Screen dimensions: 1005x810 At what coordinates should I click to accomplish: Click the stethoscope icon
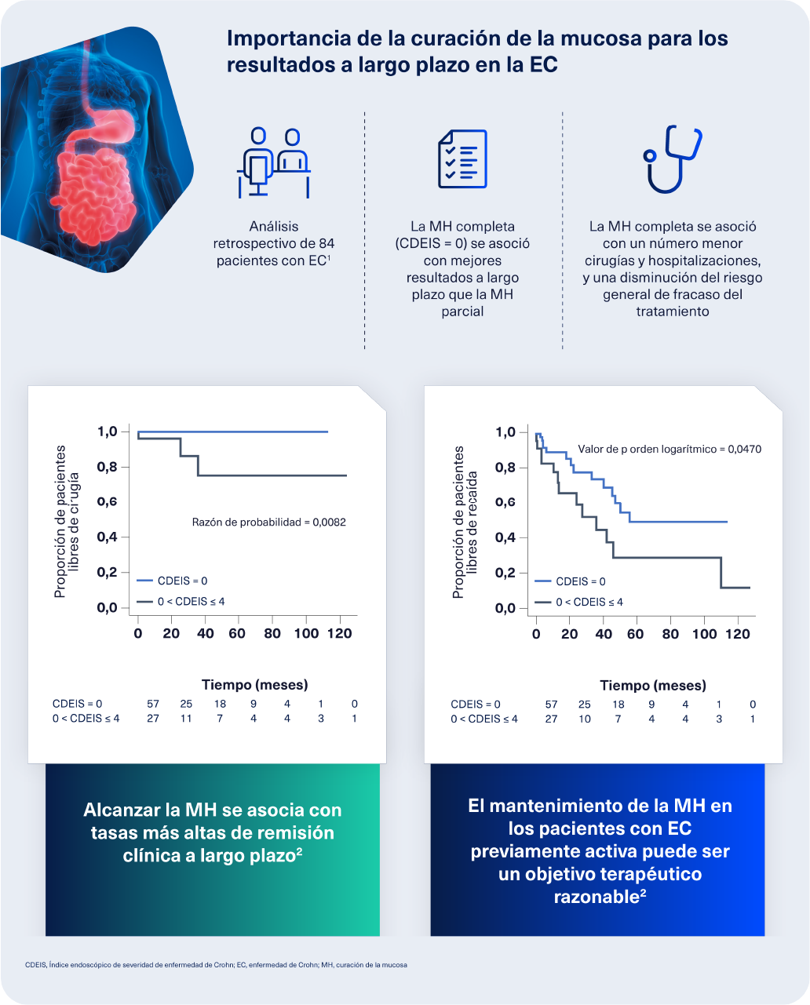[671, 159]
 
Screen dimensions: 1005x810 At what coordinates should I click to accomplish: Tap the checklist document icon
[462, 159]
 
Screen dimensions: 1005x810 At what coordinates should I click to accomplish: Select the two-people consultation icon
[273, 162]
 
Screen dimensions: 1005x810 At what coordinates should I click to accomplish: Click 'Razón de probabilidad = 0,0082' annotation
[268, 522]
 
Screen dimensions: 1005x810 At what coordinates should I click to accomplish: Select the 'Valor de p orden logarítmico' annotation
[670, 450]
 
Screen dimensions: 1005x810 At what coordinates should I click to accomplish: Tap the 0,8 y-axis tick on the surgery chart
[107, 467]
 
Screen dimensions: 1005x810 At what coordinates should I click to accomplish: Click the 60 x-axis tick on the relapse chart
[636, 634]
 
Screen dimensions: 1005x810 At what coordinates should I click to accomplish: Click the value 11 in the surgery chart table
[186, 719]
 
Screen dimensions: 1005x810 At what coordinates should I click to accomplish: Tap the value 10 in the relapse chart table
[585, 719]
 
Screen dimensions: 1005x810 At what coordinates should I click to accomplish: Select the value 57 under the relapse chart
[551, 705]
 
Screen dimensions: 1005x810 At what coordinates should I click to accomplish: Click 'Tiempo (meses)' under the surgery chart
[254, 685]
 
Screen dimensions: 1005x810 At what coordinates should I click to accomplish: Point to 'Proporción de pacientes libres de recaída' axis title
[465, 522]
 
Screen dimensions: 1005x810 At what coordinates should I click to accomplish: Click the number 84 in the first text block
[327, 243]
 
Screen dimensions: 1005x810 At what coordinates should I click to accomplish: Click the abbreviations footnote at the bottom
[216, 965]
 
